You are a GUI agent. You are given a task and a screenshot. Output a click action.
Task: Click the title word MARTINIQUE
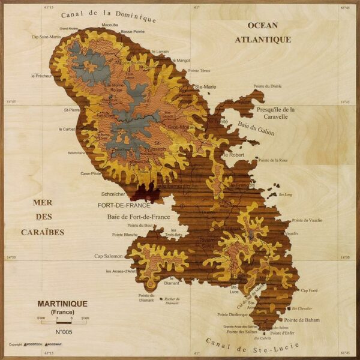[x=62, y=304]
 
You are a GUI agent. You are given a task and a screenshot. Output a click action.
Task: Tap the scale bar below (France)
[x=63, y=322]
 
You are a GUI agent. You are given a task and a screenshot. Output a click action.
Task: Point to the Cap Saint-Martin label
[x=46, y=37]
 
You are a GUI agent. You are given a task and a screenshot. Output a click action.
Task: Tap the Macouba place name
[x=110, y=25]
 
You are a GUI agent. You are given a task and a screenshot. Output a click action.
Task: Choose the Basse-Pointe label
[x=133, y=31]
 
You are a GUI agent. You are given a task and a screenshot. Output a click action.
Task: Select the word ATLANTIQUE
[x=262, y=40]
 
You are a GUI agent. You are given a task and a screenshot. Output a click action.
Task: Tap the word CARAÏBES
[x=43, y=232]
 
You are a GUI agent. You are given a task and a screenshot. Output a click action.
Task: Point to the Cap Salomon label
[x=109, y=256]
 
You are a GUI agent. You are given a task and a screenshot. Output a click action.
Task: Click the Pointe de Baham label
[x=302, y=320]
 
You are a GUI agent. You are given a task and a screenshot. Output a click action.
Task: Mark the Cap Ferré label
[x=309, y=290]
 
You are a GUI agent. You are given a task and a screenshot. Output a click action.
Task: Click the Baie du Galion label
[x=256, y=128]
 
